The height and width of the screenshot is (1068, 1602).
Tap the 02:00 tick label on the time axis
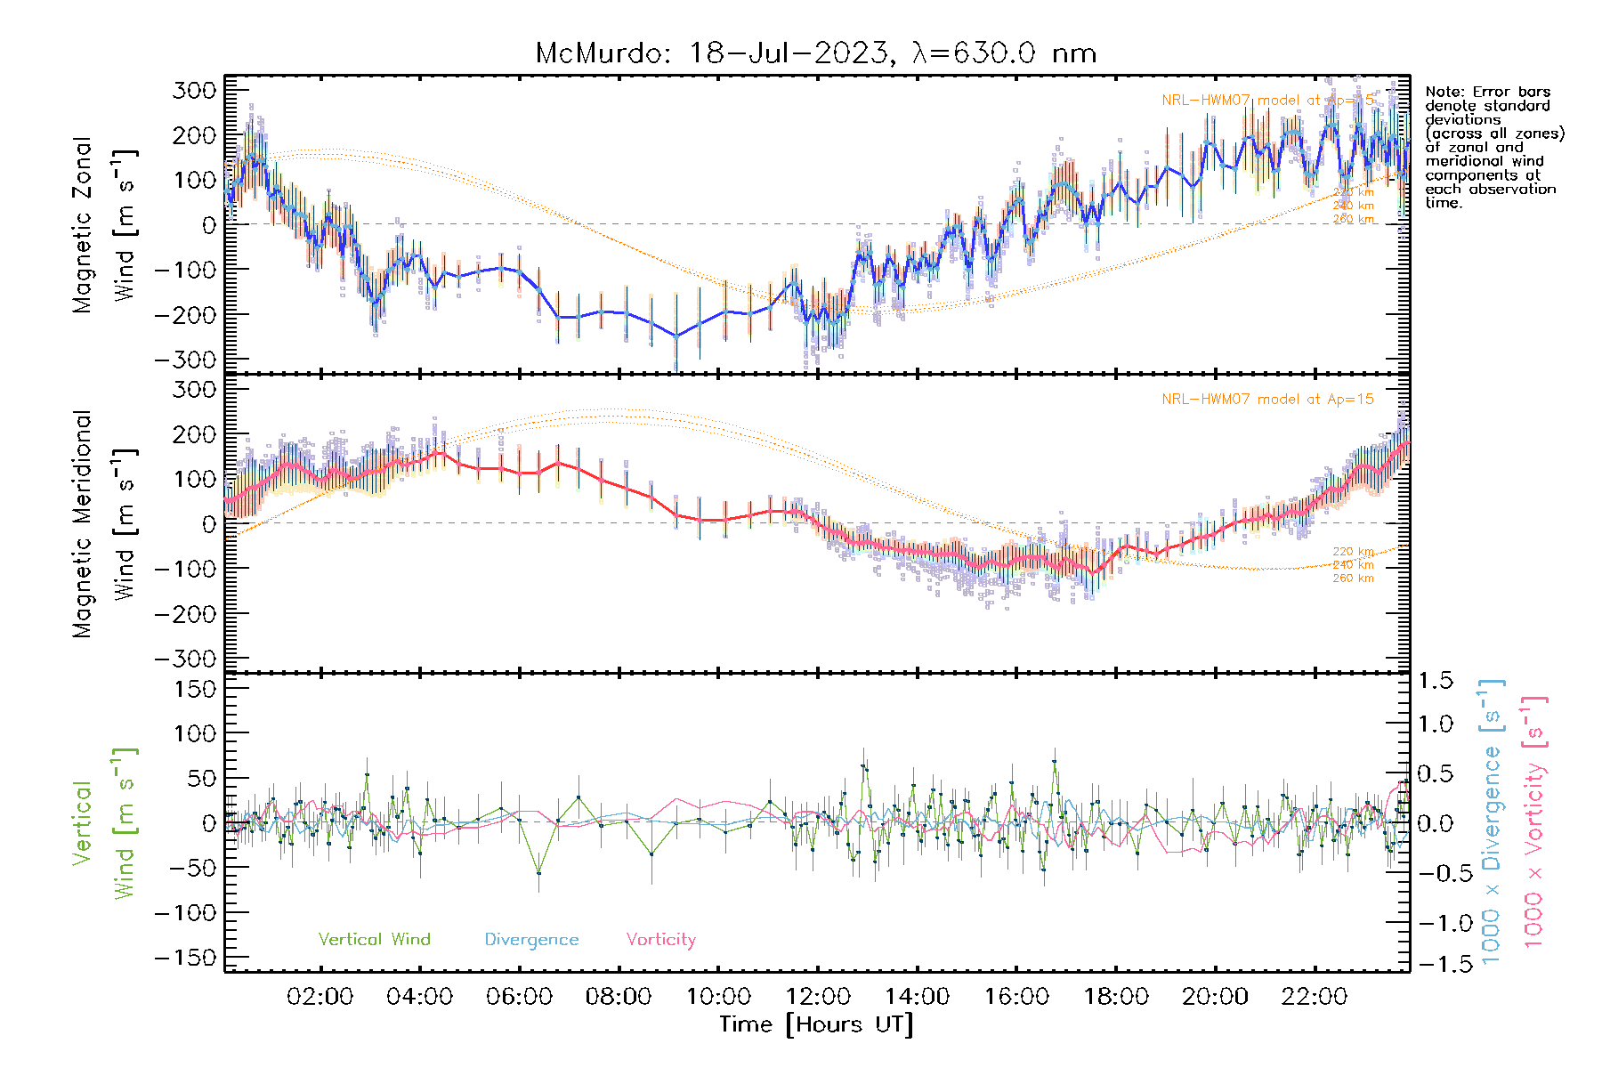(x=320, y=997)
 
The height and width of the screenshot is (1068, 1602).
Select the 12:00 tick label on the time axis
(x=817, y=997)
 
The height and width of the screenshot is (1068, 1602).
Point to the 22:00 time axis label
(x=1314, y=997)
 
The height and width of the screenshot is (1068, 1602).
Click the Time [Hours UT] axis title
(x=816, y=1024)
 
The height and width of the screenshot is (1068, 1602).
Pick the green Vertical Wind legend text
(x=374, y=940)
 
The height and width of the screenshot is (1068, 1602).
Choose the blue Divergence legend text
(x=531, y=940)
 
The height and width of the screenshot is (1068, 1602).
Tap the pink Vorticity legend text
(x=660, y=940)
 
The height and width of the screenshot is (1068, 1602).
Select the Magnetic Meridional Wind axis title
(x=104, y=523)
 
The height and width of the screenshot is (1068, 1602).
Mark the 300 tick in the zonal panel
(x=194, y=90)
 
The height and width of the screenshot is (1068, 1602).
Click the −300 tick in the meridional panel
(x=185, y=659)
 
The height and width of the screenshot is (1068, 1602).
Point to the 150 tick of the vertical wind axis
(x=194, y=689)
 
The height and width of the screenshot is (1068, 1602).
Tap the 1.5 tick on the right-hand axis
(x=1436, y=681)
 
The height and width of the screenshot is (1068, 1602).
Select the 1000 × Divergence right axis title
(x=1492, y=821)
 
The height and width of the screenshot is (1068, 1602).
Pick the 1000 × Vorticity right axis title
(x=1533, y=821)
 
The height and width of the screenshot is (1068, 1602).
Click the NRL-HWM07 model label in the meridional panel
(x=1267, y=400)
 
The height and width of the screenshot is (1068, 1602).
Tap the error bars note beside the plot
(x=1493, y=147)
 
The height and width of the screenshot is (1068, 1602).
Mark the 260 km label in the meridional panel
(x=1353, y=578)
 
